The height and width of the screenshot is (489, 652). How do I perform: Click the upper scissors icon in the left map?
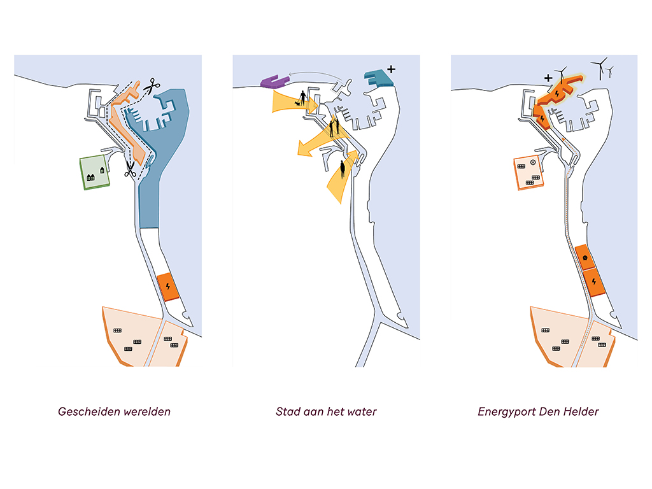click(152, 85)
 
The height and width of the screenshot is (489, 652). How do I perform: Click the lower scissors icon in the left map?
click(130, 169)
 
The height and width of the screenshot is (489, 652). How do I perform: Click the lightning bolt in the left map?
click(167, 286)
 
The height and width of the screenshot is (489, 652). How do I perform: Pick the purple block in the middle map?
click(274, 81)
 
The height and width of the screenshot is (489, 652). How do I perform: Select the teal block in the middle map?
click(378, 80)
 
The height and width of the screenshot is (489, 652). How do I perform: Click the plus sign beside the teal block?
click(390, 68)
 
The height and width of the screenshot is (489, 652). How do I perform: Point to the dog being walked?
click(296, 103)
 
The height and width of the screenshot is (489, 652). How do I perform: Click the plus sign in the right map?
click(548, 78)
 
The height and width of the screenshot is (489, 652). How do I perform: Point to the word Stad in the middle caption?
click(286, 411)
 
